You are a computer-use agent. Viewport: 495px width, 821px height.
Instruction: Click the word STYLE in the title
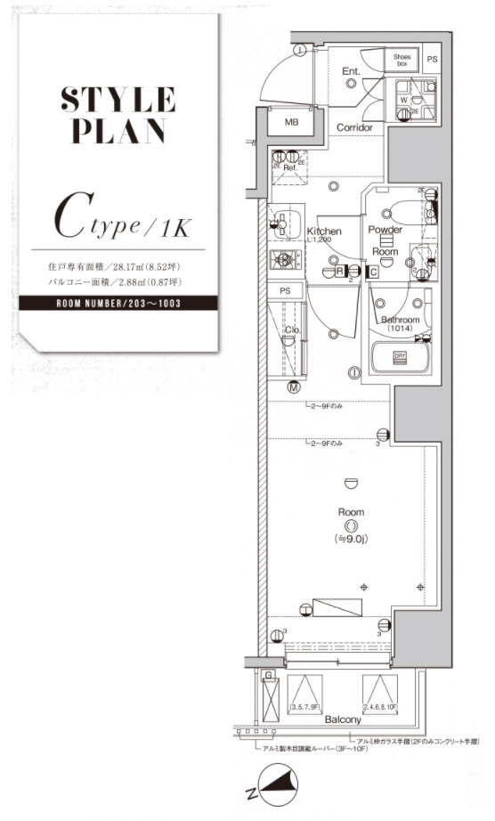click(118, 97)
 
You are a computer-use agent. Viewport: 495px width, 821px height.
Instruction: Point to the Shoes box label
click(402, 61)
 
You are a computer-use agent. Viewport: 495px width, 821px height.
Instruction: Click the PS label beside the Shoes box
click(433, 61)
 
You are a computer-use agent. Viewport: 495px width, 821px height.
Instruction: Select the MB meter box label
click(291, 122)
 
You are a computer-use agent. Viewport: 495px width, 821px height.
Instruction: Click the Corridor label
click(353, 128)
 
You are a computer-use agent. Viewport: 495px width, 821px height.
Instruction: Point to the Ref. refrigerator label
click(289, 167)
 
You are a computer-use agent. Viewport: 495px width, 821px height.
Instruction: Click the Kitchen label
click(324, 232)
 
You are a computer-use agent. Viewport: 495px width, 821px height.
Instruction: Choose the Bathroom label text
click(401, 320)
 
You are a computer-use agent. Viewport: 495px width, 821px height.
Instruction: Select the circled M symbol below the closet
click(293, 386)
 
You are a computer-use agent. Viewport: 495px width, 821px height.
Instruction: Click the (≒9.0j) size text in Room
click(353, 540)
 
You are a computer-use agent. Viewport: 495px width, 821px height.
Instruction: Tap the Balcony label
click(343, 719)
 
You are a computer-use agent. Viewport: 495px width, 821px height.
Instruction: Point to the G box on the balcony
click(268, 678)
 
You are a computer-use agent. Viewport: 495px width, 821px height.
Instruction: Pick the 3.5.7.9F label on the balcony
click(305, 707)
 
